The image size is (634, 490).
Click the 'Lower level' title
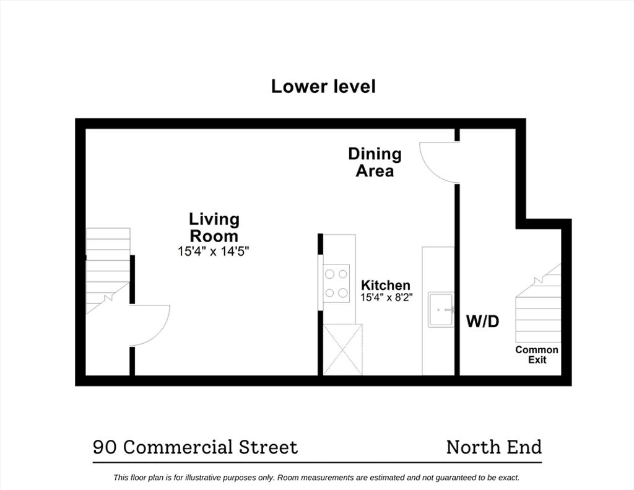323,87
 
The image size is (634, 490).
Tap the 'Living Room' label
214,227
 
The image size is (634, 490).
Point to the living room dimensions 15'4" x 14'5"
213,252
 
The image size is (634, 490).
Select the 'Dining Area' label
375,162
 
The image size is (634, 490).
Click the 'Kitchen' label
385,285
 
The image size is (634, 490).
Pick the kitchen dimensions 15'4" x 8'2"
386,298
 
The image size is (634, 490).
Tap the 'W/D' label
482,322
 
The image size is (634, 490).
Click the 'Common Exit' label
537,355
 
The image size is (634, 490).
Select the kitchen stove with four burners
336,283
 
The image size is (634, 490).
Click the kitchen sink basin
441,310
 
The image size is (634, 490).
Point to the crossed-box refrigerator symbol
343,349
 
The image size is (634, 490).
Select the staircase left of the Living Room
108,271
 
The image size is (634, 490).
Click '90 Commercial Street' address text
195,447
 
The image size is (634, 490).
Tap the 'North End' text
493,447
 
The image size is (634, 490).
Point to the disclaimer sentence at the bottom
316,478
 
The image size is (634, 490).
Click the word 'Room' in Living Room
214,236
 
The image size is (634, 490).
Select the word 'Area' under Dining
375,171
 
